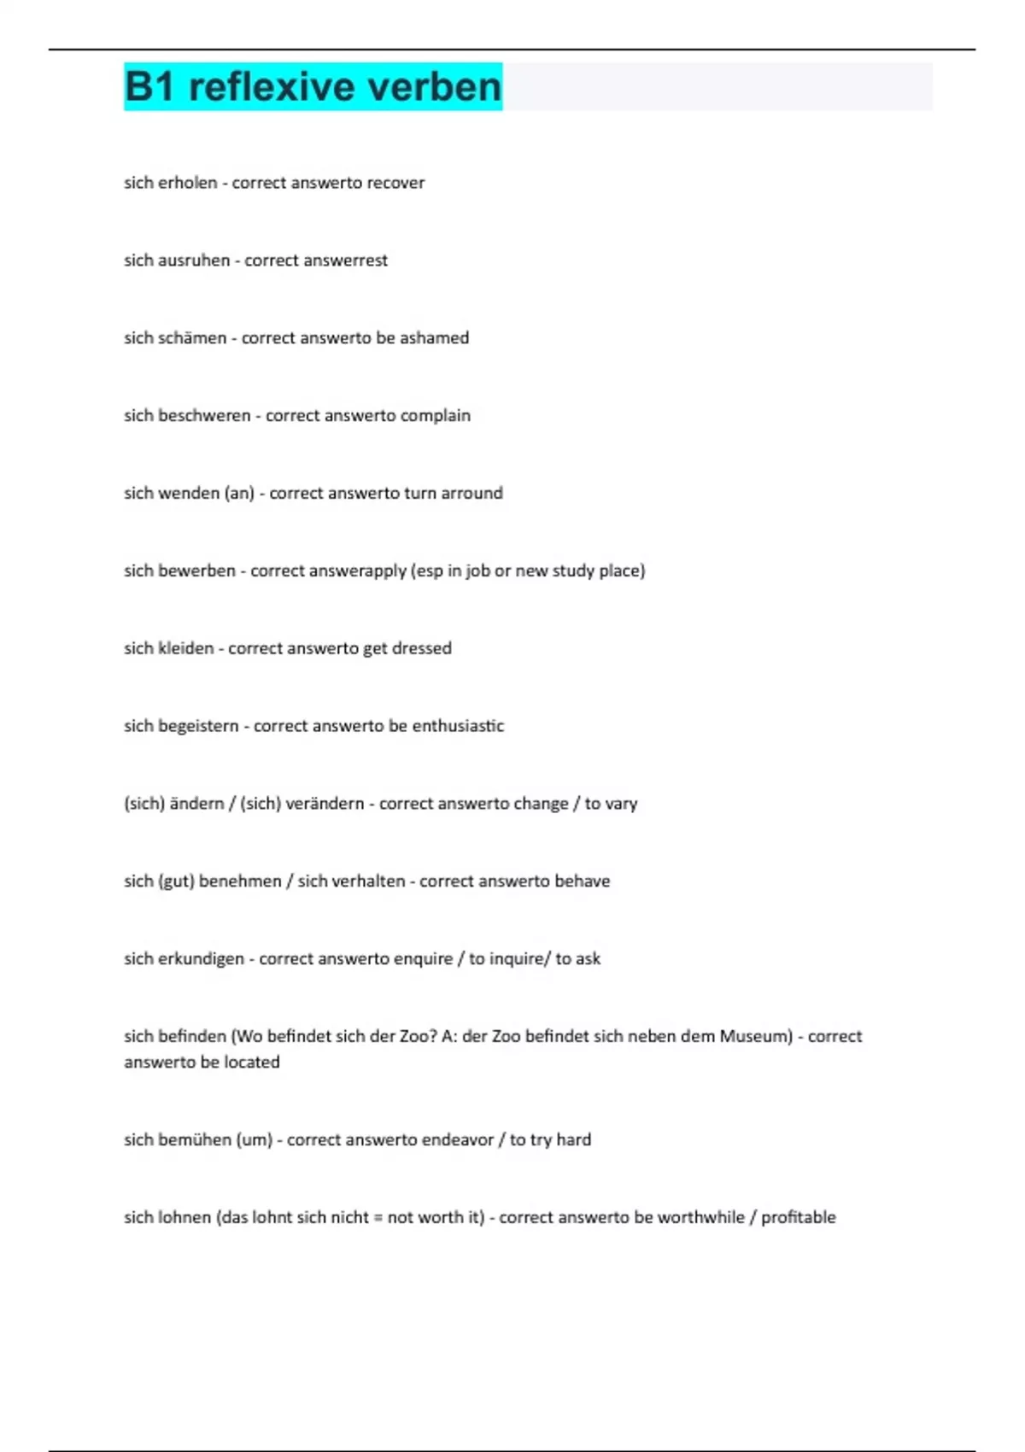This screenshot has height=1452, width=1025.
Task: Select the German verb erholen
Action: pos(188,183)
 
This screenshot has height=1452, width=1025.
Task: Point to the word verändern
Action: pos(325,804)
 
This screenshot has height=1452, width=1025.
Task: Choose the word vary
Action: pos(622,804)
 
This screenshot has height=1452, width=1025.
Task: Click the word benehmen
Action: pos(240,881)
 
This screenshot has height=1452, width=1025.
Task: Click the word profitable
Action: pos(798,1218)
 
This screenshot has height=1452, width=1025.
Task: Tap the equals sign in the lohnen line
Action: pos(378,1218)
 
